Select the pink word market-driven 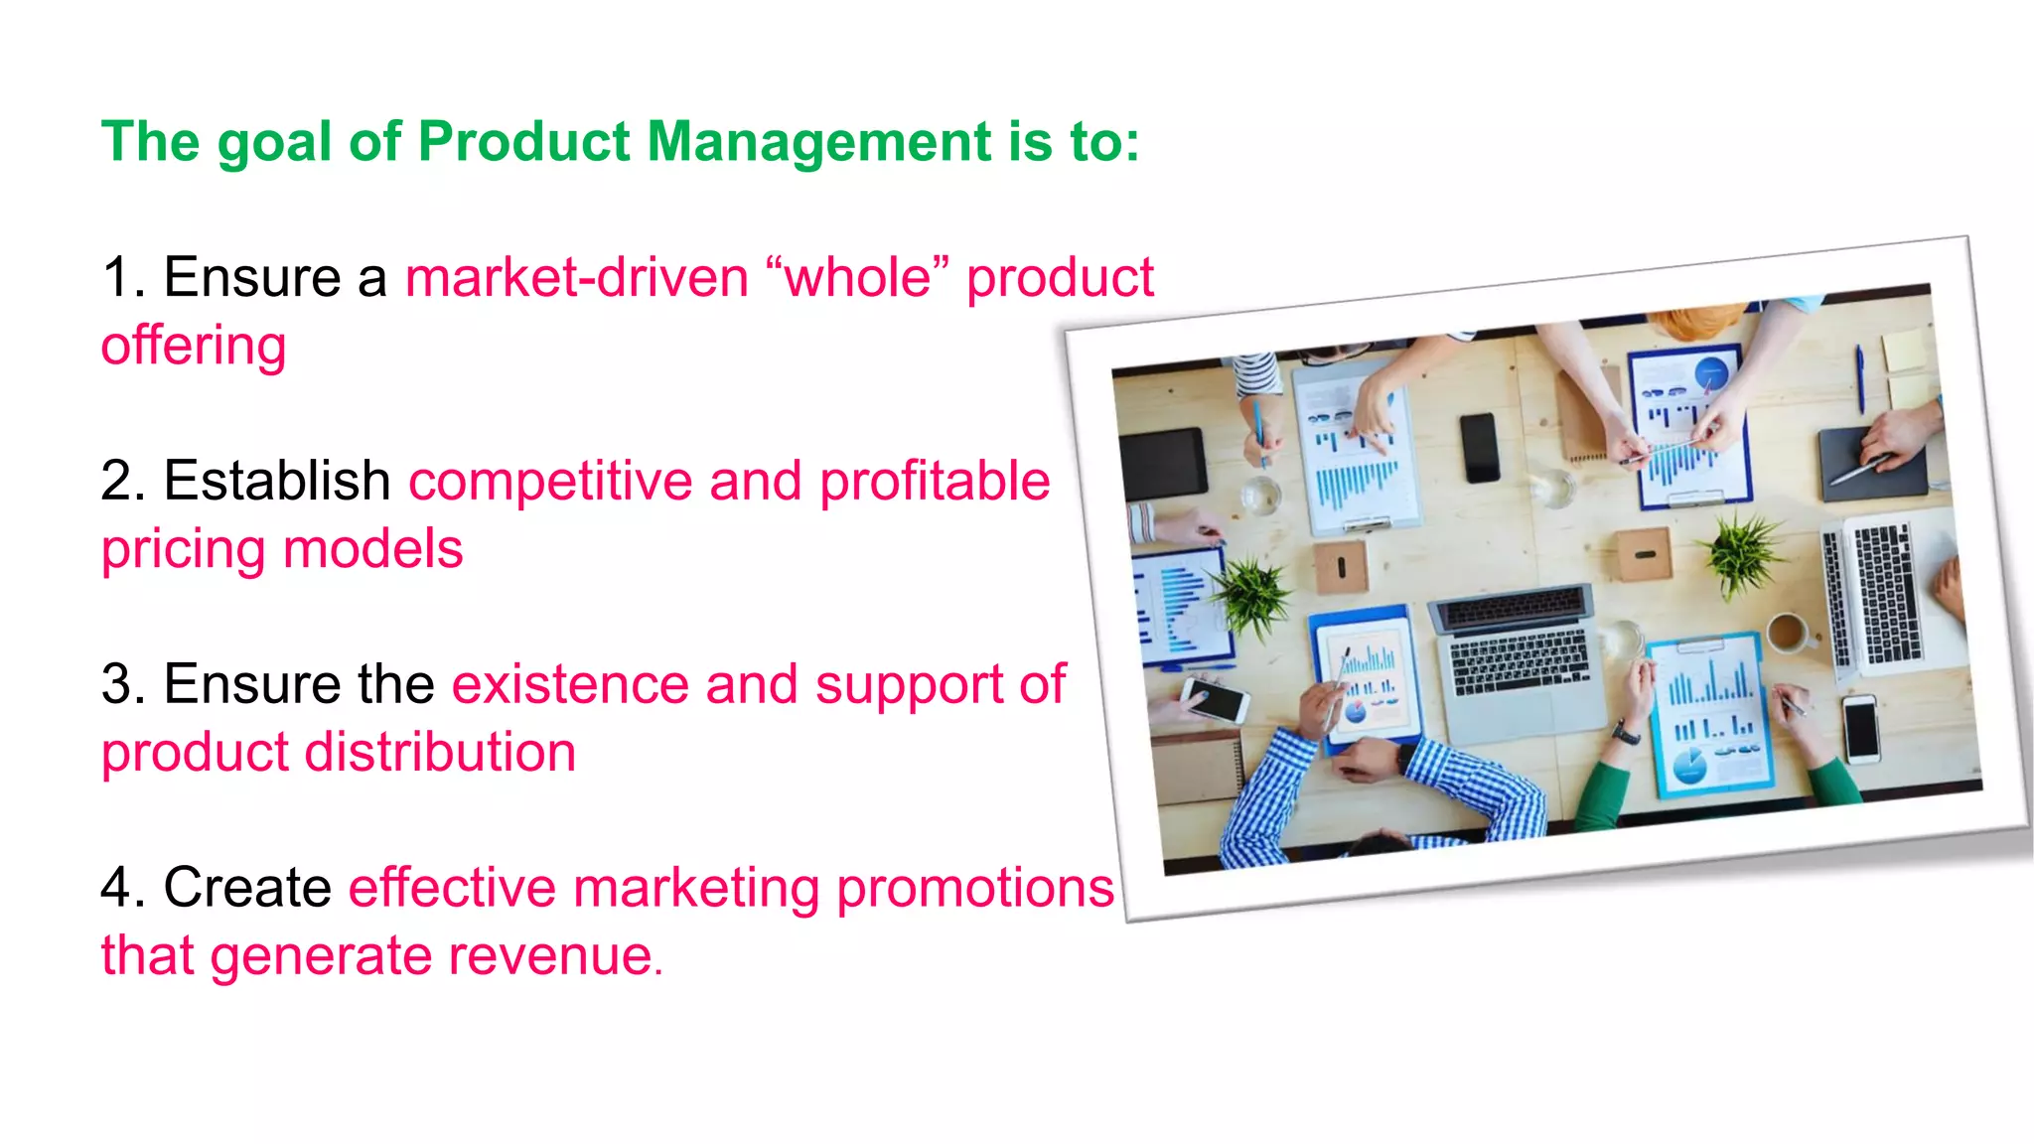point(577,278)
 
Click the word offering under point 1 point(194,347)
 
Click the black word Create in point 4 point(247,888)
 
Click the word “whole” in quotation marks point(858,278)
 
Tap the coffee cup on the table point(1788,632)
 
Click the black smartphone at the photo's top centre point(1480,447)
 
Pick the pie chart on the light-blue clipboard point(1689,766)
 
